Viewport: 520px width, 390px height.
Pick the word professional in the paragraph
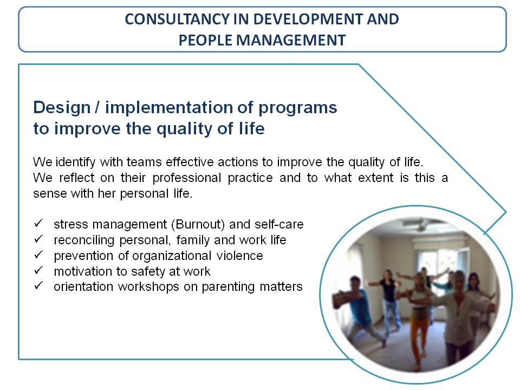point(187,178)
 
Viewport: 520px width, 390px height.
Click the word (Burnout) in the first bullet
point(198,224)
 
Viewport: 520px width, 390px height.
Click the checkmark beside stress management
point(38,223)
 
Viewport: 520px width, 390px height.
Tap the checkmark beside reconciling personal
point(38,239)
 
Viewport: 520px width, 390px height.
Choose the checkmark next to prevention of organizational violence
point(38,255)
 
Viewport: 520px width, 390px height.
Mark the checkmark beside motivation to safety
point(38,270)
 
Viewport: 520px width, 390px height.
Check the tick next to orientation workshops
point(38,285)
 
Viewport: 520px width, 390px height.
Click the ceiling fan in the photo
point(422,224)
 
